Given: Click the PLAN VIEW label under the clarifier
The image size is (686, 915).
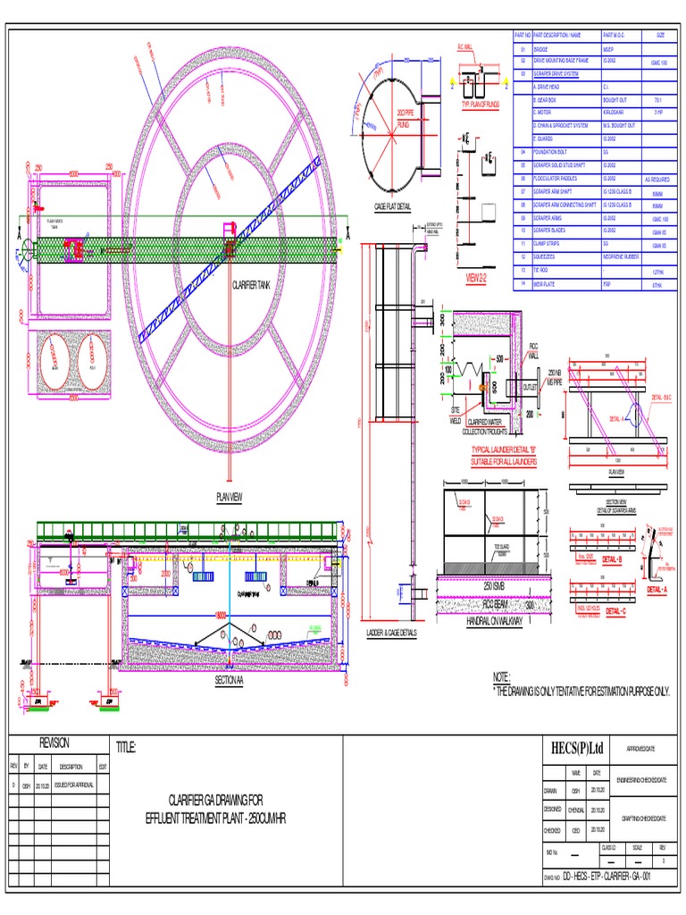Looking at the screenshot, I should click(x=230, y=497).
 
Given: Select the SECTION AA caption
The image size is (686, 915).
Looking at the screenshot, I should click(x=229, y=680).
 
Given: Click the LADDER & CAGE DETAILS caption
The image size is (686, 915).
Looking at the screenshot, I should click(x=392, y=633).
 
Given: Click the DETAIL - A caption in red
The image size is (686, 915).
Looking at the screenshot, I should click(x=656, y=591).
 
